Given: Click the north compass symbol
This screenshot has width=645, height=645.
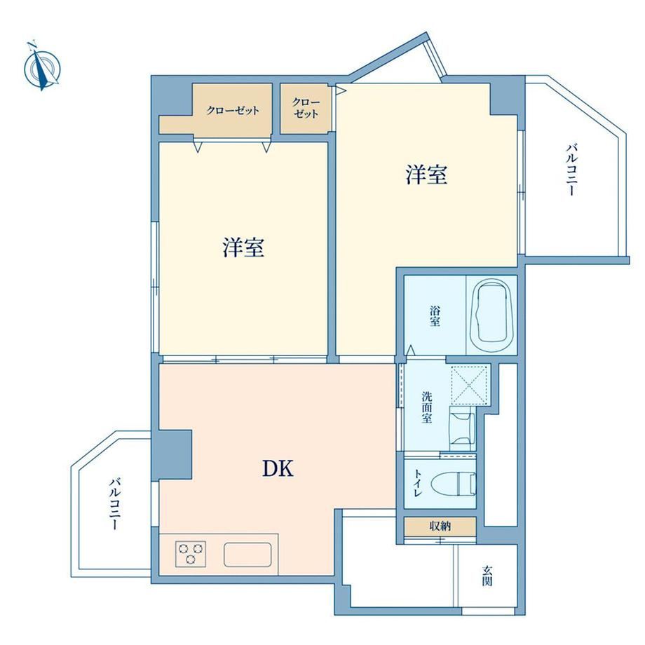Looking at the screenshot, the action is coord(42,66).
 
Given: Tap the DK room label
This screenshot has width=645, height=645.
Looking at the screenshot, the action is coord(278,468).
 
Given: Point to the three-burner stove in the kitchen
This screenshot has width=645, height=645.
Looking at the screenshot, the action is coord(191,553).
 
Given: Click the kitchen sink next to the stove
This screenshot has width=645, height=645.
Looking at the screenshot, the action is coord(247,555).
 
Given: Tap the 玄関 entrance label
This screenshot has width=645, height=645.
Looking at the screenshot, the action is coord(487,576).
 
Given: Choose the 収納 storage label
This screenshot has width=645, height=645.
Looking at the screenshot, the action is coord(440,526).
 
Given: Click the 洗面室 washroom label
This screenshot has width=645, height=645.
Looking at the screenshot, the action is coord(426,407).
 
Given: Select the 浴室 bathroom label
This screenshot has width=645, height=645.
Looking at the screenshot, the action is coord(435,315).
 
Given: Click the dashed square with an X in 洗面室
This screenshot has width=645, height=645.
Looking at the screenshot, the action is coord(469,386).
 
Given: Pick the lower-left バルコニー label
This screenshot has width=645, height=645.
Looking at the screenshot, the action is coord(115,504).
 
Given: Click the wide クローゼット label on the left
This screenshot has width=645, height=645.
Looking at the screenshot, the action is coord(233,110).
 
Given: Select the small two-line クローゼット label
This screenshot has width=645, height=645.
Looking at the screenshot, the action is coord(306,108).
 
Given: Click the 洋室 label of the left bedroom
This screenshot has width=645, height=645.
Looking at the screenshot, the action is coord(243,247).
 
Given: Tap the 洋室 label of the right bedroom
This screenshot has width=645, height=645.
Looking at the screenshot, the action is coord(426,174).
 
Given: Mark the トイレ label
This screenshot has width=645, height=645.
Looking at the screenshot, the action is coord(418,484).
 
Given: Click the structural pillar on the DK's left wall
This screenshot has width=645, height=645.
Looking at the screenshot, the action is coord(175,455).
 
